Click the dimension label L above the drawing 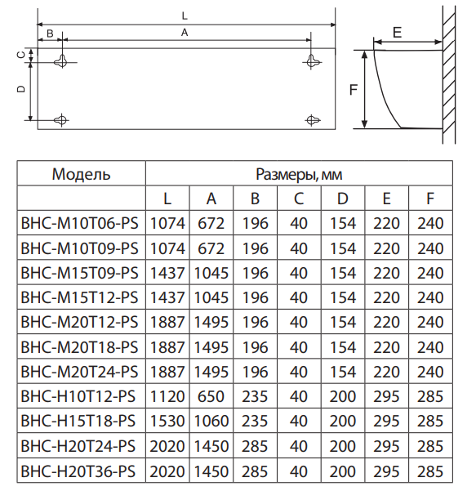[x=185, y=16]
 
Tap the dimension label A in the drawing [x=185, y=32]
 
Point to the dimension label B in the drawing [x=50, y=33]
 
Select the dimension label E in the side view [x=397, y=33]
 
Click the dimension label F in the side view [x=354, y=90]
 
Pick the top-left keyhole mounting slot [x=62, y=60]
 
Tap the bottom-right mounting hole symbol [x=312, y=120]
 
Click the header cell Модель [x=82, y=174]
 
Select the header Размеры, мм [x=299, y=174]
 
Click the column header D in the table [x=342, y=199]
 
